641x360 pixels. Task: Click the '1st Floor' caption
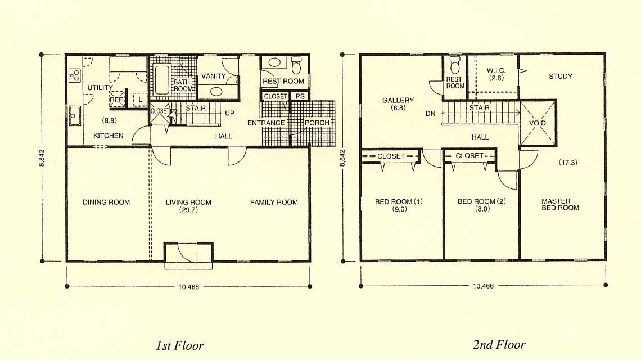coord(179,346)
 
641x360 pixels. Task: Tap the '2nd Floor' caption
coord(499,344)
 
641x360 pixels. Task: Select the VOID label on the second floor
coord(537,123)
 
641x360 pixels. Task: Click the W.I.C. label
coord(496,70)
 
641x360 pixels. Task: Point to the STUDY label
coord(561,76)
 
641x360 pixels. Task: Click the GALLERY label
coord(398,100)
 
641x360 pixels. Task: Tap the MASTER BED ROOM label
coord(560,204)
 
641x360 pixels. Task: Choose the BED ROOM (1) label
coord(399,201)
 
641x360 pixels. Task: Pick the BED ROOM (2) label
coord(481,201)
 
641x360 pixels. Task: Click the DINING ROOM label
coord(106,202)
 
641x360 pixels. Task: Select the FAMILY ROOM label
coord(274,202)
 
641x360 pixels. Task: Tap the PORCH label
coord(317,123)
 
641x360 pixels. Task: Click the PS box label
coord(300,96)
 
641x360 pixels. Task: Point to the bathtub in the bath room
coord(162,80)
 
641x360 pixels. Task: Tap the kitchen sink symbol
coord(75,115)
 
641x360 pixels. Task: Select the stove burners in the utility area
coord(75,75)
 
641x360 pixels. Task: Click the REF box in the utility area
coord(116,100)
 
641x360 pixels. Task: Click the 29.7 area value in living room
coord(188,210)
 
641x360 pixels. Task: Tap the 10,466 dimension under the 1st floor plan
coord(188,287)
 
